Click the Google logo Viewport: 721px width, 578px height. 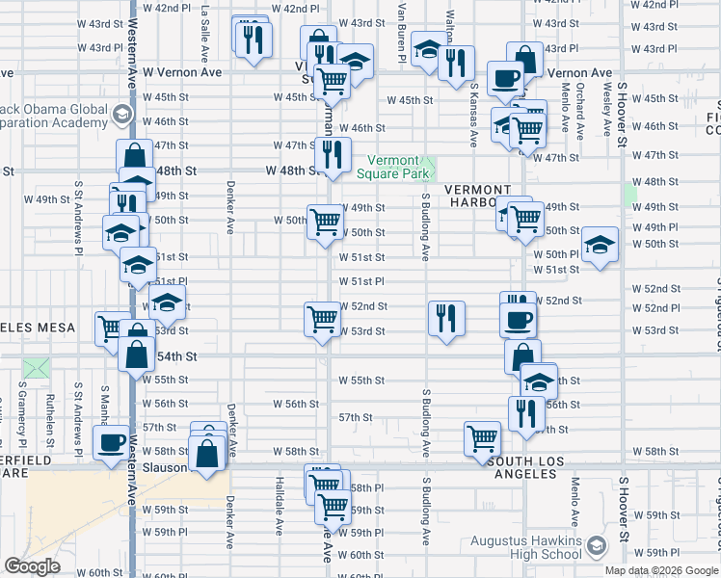coord(32,566)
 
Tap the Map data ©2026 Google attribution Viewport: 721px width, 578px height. coord(661,570)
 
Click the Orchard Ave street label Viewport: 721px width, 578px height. coord(581,111)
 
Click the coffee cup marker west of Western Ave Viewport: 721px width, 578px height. coord(111,444)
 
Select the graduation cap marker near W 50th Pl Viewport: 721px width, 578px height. coord(600,247)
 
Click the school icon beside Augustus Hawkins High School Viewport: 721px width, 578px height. coord(596,548)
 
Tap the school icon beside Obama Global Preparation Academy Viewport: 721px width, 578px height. coord(121,115)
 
